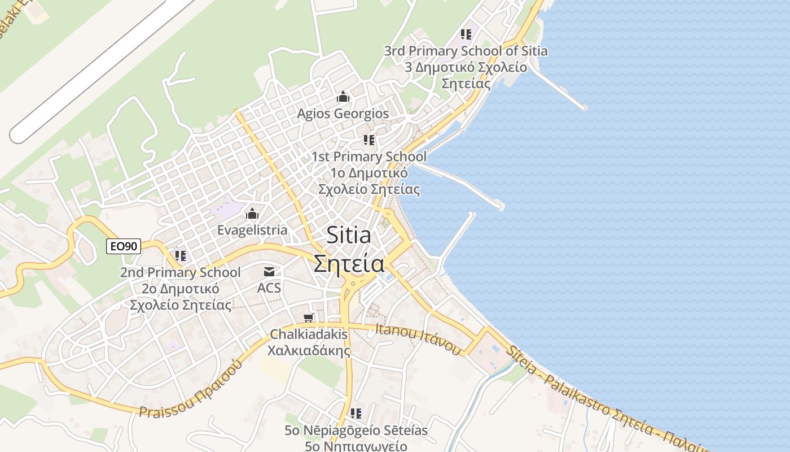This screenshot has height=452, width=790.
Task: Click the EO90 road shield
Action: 124,246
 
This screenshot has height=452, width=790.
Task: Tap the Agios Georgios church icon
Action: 343,97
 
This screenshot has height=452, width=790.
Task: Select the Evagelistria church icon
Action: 252,214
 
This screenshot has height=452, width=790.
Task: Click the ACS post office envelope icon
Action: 269,272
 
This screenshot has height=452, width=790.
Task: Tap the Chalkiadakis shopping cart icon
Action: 308,318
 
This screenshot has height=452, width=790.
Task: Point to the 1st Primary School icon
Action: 369,140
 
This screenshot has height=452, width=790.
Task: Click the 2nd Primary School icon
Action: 180,256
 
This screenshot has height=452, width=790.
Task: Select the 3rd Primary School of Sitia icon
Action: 466,34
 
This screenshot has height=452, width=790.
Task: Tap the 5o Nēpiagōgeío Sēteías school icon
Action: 355,414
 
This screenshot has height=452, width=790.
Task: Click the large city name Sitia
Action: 349,235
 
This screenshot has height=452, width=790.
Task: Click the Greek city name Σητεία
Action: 349,264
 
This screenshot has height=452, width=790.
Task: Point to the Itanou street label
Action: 418,338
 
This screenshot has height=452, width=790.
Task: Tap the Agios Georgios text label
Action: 343,114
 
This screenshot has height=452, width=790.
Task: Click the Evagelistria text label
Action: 252,230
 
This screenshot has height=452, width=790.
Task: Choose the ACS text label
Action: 269,288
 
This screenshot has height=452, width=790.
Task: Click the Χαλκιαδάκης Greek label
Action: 309,350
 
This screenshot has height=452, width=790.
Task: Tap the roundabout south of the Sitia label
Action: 353,283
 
